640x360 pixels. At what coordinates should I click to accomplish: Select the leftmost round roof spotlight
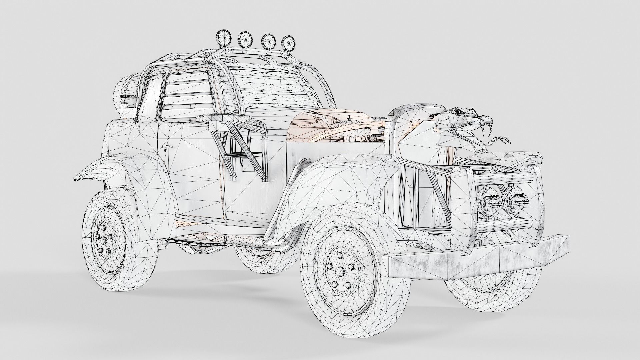pyautogui.click(x=223, y=37)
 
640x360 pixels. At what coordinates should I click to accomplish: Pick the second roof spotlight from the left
pyautogui.click(x=245, y=39)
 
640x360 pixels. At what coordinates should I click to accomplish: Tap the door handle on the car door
pyautogui.click(x=168, y=147)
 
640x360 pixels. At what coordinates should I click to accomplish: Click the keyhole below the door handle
pyautogui.click(x=166, y=151)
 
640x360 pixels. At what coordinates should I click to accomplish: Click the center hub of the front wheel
pyautogui.click(x=340, y=272)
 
